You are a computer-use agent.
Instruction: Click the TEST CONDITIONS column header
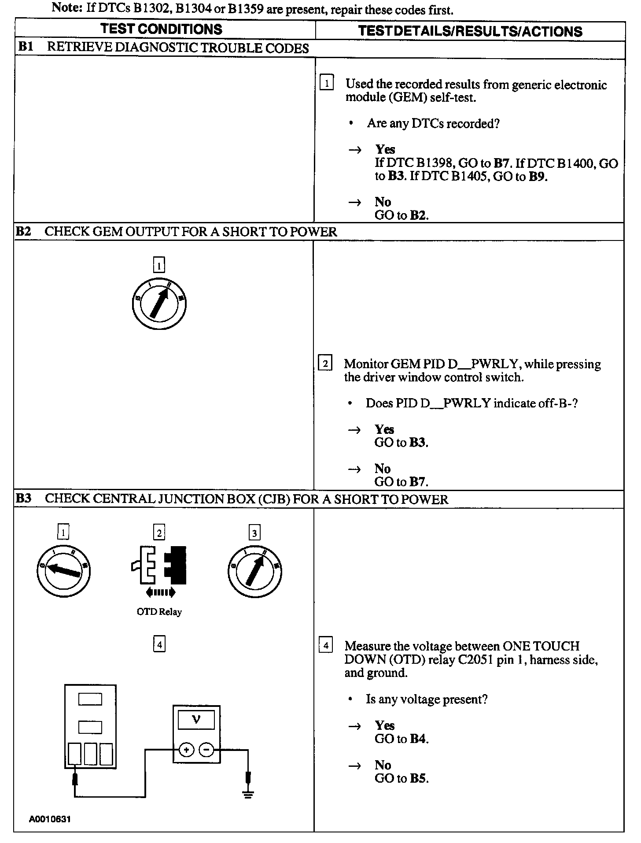point(161,29)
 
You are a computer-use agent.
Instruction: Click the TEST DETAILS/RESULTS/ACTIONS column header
point(470,31)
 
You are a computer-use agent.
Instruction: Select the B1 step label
point(25,47)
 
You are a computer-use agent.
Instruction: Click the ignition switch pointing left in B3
point(63,571)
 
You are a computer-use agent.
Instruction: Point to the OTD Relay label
point(159,612)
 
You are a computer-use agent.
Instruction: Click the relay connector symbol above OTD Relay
point(159,566)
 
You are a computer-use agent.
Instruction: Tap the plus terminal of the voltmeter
point(187,750)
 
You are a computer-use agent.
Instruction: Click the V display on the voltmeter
point(196,720)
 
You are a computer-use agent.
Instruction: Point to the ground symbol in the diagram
point(248,794)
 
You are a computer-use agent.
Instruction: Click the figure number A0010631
point(50,819)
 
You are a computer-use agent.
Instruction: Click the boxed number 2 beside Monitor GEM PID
point(325,364)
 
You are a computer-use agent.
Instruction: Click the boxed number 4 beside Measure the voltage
point(325,646)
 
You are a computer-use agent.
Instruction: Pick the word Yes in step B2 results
point(384,429)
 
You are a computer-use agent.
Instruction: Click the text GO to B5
point(401,778)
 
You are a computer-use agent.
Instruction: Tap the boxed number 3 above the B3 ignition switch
point(254,533)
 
